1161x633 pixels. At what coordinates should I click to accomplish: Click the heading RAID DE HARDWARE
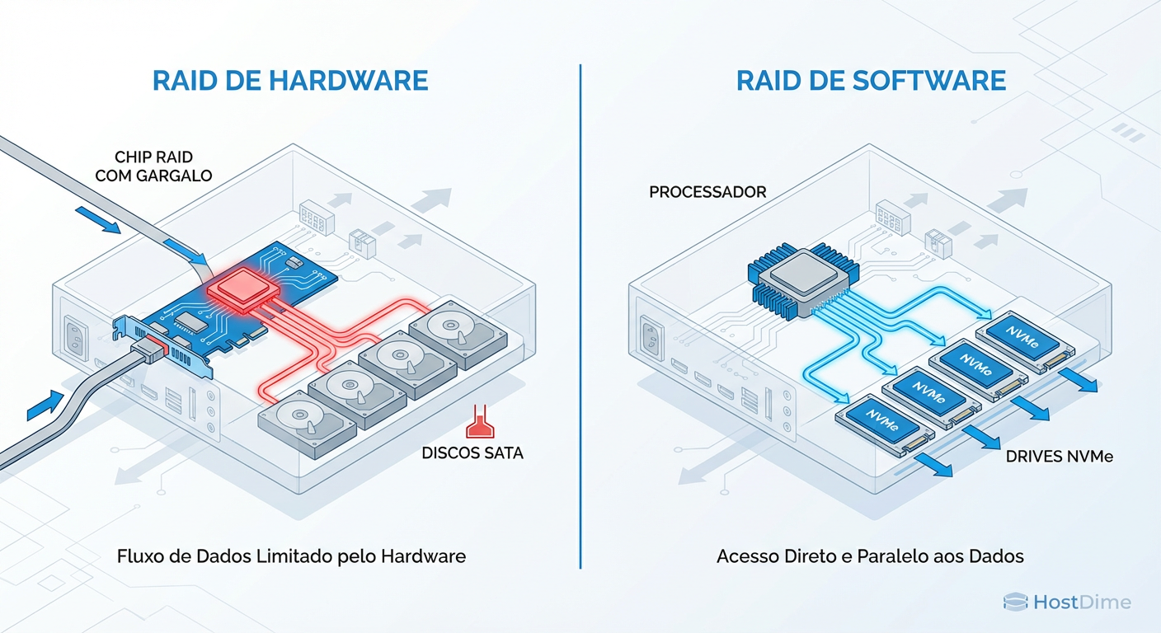290,80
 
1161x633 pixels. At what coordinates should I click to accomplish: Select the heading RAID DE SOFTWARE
871,80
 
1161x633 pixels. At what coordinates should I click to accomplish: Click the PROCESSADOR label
707,192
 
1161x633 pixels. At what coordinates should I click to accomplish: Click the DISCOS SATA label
472,452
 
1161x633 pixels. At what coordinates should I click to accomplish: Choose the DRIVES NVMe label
1060,456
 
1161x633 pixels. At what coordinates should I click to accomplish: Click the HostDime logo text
1081,603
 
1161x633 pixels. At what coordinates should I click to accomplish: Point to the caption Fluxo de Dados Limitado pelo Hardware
290,556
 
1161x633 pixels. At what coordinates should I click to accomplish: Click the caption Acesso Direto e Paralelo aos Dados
870,556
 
